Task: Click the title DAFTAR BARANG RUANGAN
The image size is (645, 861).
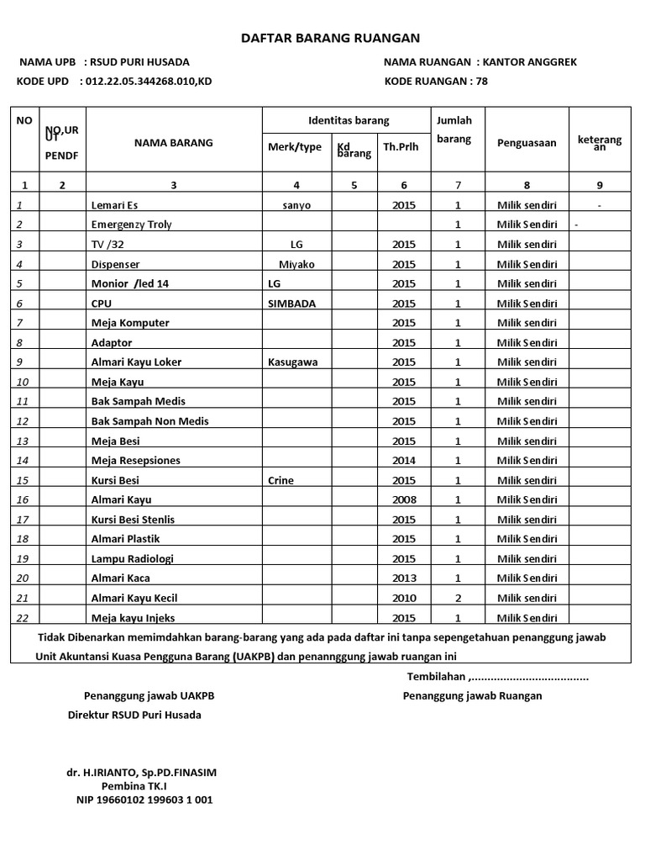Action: (330, 38)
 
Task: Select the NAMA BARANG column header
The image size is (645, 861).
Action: (173, 143)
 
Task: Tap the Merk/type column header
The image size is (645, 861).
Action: (294, 147)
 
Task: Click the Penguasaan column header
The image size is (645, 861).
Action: (527, 143)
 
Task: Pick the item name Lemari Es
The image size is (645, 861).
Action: (114, 205)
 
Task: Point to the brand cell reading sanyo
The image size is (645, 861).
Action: (297, 205)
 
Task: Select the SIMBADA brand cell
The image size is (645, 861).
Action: (291, 304)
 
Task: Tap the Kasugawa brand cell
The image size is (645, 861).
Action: (293, 362)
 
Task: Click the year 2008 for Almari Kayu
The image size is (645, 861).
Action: (403, 499)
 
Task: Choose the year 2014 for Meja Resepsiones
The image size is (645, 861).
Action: (403, 461)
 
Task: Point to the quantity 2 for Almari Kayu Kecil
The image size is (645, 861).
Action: (457, 598)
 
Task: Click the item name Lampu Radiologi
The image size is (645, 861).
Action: (133, 558)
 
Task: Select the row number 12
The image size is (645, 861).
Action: (23, 421)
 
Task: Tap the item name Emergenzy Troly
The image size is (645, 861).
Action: (131, 224)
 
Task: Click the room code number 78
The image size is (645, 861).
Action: (481, 82)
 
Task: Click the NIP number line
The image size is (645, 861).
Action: (144, 800)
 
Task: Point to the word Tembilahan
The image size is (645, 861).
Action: (436, 677)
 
